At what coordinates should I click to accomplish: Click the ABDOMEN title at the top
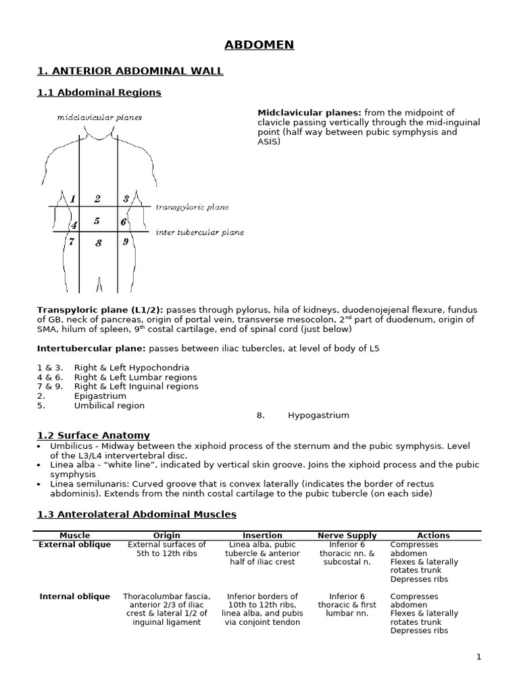[259, 45]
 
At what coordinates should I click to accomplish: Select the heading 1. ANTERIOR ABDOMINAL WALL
[130, 71]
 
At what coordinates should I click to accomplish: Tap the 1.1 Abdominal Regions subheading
[99, 92]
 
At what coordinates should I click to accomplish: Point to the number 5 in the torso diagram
[97, 221]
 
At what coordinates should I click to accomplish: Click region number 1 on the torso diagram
[72, 199]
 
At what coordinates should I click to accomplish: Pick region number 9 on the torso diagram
[126, 242]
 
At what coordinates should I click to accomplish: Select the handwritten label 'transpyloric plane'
[192, 207]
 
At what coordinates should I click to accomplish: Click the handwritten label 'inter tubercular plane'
[199, 232]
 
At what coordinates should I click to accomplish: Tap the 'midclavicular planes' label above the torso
[99, 117]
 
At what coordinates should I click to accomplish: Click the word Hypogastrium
[318, 416]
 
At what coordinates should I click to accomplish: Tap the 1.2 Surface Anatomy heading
[93, 435]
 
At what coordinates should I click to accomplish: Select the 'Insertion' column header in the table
[262, 535]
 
